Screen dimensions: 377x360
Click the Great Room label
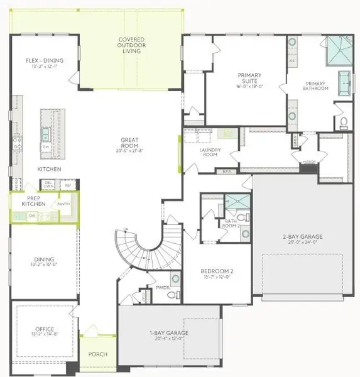point(130,143)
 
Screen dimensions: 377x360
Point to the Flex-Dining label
point(45,61)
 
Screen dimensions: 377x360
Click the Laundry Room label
point(209,151)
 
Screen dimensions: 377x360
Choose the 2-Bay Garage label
point(295,238)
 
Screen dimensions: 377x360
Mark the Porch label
point(97,354)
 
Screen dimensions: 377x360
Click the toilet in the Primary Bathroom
point(343,122)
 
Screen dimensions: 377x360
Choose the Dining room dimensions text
point(45,265)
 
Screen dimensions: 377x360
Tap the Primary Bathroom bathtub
point(344,82)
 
